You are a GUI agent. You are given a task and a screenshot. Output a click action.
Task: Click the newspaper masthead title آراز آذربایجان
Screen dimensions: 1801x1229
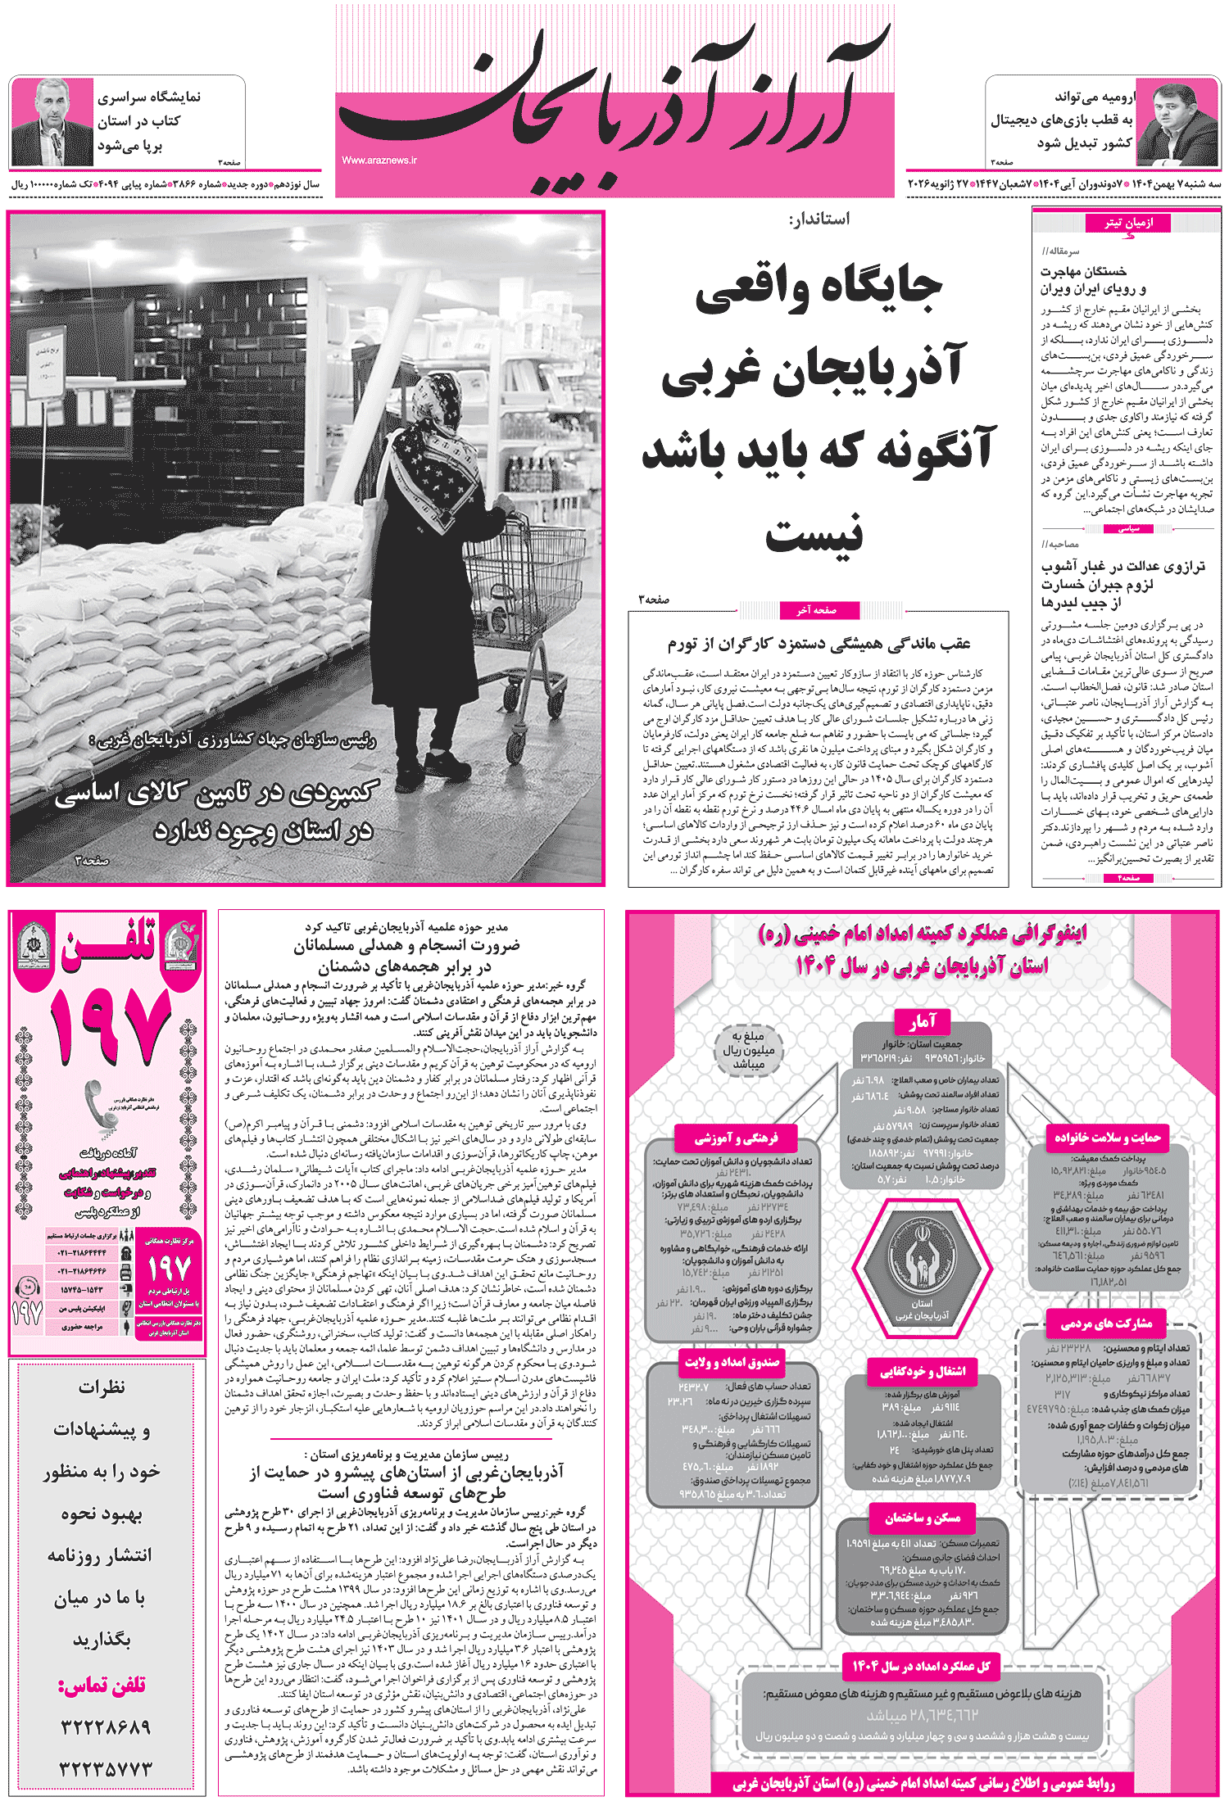614,102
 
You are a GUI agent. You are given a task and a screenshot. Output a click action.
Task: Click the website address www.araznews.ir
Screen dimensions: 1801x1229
379,161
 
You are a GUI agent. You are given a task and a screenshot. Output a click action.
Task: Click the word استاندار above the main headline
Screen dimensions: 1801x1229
819,219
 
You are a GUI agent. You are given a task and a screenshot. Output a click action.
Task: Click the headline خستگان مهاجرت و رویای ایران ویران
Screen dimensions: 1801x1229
1094,279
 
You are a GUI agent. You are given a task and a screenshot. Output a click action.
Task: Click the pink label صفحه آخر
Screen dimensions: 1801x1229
816,609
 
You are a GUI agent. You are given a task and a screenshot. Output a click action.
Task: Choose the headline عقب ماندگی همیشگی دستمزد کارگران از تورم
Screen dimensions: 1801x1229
819,644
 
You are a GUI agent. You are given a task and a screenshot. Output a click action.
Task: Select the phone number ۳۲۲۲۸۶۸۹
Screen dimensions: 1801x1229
106,1726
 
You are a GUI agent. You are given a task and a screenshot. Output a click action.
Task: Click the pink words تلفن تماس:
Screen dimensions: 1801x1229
102,1684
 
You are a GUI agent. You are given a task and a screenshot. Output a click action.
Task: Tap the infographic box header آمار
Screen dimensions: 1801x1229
922,1021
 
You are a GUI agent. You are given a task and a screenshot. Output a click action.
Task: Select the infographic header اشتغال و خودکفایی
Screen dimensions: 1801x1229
923,1370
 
